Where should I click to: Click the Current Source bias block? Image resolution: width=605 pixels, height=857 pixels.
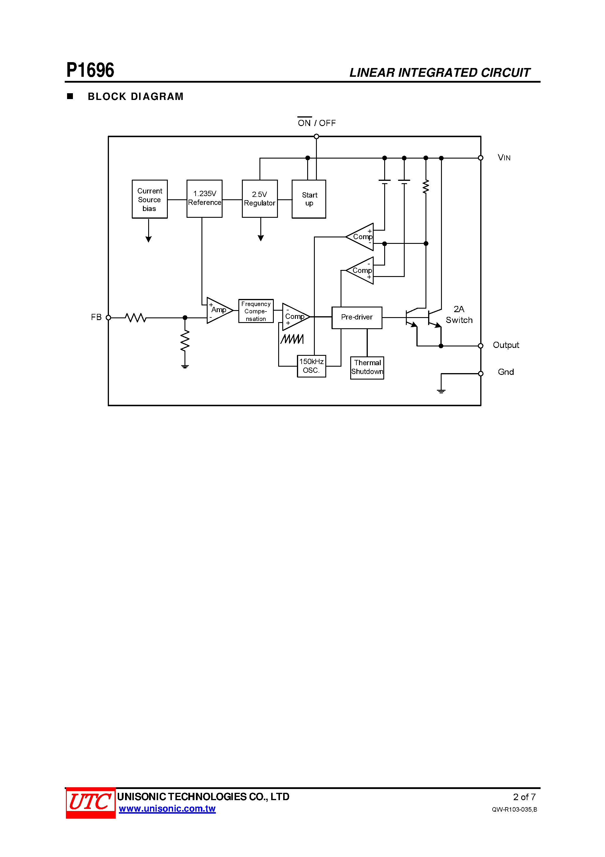pyautogui.click(x=150, y=199)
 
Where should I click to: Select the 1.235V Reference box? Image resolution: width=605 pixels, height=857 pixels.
pyautogui.click(x=204, y=199)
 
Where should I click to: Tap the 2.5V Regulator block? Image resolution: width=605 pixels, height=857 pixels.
pyautogui.click(x=260, y=199)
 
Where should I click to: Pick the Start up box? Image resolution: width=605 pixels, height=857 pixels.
pyautogui.click(x=309, y=199)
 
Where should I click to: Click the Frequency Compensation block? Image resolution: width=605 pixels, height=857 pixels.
pyautogui.click(x=256, y=311)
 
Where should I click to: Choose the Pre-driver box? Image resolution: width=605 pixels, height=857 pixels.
pyautogui.click(x=357, y=317)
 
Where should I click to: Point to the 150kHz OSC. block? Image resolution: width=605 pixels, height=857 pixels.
pyautogui.click(x=312, y=366)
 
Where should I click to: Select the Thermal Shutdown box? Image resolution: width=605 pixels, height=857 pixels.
pyautogui.click(x=367, y=367)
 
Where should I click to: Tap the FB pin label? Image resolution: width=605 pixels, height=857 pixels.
pyautogui.click(x=96, y=317)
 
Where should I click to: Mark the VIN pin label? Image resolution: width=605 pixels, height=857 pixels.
pyautogui.click(x=504, y=157)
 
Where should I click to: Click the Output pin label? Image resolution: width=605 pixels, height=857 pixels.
pyautogui.click(x=506, y=345)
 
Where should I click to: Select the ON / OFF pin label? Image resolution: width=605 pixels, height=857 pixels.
pyautogui.click(x=317, y=123)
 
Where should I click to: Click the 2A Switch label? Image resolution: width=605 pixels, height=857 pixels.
pyautogui.click(x=459, y=315)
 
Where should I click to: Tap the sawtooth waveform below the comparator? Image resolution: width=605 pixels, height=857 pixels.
pyautogui.click(x=292, y=339)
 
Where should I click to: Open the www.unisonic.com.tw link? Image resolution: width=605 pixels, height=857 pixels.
pyautogui.click(x=167, y=809)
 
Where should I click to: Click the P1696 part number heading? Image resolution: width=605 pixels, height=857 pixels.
pyautogui.click(x=90, y=70)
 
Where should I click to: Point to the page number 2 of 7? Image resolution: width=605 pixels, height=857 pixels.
pyautogui.click(x=524, y=797)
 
